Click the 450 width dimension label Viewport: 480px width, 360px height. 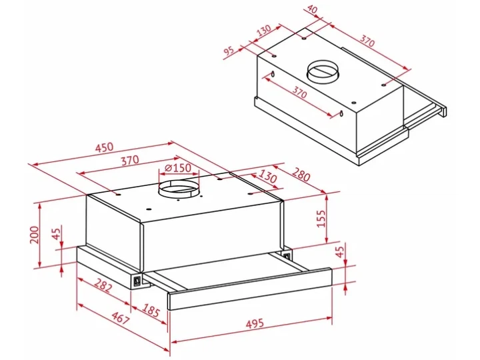[104, 147]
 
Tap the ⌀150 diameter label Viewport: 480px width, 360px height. [177, 168]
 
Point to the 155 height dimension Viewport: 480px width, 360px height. [321, 219]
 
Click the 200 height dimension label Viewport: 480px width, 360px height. [35, 235]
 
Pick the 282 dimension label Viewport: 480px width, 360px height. [103, 285]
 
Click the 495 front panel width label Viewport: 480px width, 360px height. [255, 323]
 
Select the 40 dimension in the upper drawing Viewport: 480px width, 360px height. [313, 10]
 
